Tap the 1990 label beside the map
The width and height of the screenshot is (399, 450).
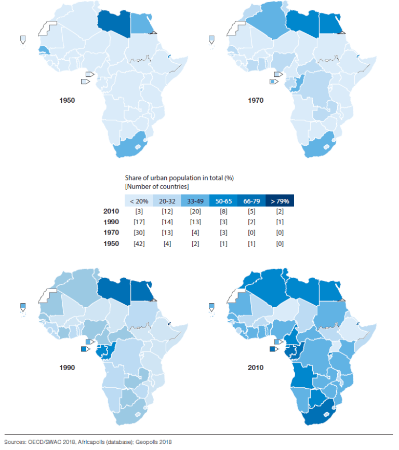(67, 367)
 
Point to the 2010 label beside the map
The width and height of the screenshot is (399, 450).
(255, 367)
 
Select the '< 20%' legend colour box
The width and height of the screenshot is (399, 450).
(138, 200)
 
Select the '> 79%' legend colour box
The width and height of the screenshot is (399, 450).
(280, 200)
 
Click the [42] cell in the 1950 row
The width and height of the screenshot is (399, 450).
(138, 243)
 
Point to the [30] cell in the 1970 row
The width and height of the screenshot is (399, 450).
(138, 233)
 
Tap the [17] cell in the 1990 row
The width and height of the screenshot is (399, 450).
(138, 222)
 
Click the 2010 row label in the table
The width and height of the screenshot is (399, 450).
(112, 211)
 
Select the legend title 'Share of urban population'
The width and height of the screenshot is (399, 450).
(179, 178)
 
